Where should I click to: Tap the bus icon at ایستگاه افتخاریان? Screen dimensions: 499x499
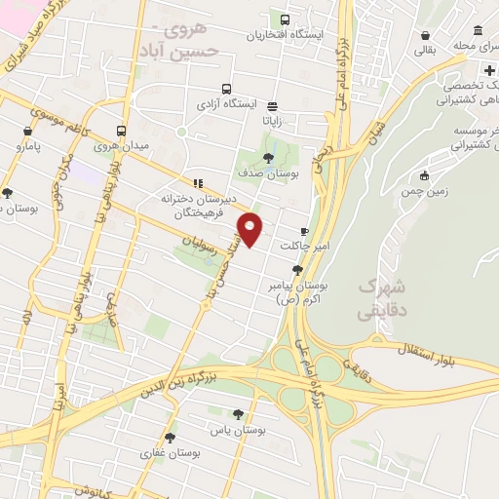click(x=284, y=19)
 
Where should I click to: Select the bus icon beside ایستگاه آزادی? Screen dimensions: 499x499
click(x=226, y=88)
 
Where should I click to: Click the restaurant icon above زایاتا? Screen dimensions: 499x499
click(x=272, y=107)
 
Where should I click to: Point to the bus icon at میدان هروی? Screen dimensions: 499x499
click(x=121, y=131)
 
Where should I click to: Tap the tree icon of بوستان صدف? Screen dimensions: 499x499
click(x=269, y=156)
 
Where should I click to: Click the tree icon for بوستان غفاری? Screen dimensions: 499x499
click(x=170, y=438)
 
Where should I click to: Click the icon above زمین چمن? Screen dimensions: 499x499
click(x=424, y=175)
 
